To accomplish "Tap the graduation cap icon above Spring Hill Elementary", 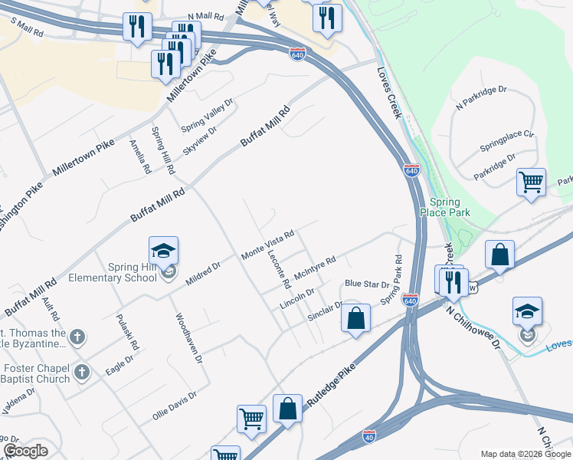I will click(x=163, y=250).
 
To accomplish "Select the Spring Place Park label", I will click(x=444, y=207).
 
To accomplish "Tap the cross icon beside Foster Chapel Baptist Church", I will click(x=82, y=372).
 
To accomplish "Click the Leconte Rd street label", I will click(x=279, y=271).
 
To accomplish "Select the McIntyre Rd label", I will click(x=316, y=266).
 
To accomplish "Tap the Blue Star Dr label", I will click(x=367, y=284).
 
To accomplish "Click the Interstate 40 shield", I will click(x=369, y=435).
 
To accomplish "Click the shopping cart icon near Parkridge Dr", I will click(x=531, y=182).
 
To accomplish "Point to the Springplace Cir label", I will click(x=506, y=140).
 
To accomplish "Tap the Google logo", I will click(x=25, y=451).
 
